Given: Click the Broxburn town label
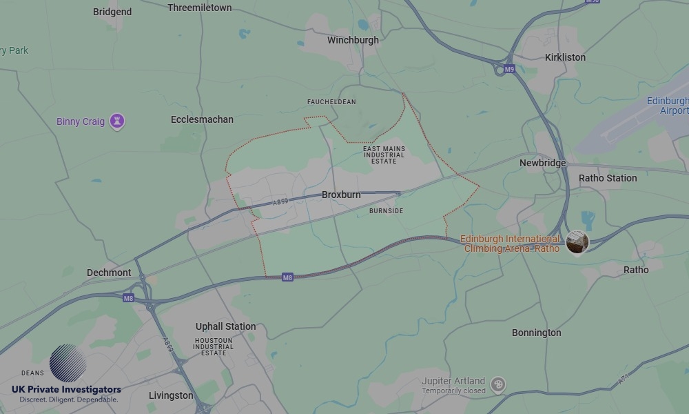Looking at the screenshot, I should point(341,195).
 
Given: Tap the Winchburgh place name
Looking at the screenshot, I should point(353,40).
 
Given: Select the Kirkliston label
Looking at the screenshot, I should point(565,57).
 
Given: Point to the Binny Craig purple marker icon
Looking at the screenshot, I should point(118,121).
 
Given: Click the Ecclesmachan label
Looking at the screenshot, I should point(202,119).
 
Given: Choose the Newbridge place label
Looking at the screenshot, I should point(542,163).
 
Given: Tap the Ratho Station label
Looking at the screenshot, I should point(608,178).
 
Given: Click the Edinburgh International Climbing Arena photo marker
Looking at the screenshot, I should point(577,241).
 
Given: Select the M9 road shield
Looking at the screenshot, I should point(509,69).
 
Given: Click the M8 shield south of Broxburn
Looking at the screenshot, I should point(288,277).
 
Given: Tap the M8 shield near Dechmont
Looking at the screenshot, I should point(128,298).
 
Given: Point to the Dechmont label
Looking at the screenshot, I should point(109,273).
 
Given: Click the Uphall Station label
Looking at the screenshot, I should point(225,326).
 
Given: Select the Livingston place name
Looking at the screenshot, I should point(171,395).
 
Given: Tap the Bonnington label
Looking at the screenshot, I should point(536,333).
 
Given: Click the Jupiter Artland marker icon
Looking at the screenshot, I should point(498,384).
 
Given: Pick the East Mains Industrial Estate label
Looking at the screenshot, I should point(384,155).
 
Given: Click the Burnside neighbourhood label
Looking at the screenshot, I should point(386,210).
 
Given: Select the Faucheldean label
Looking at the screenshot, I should point(331,101).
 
